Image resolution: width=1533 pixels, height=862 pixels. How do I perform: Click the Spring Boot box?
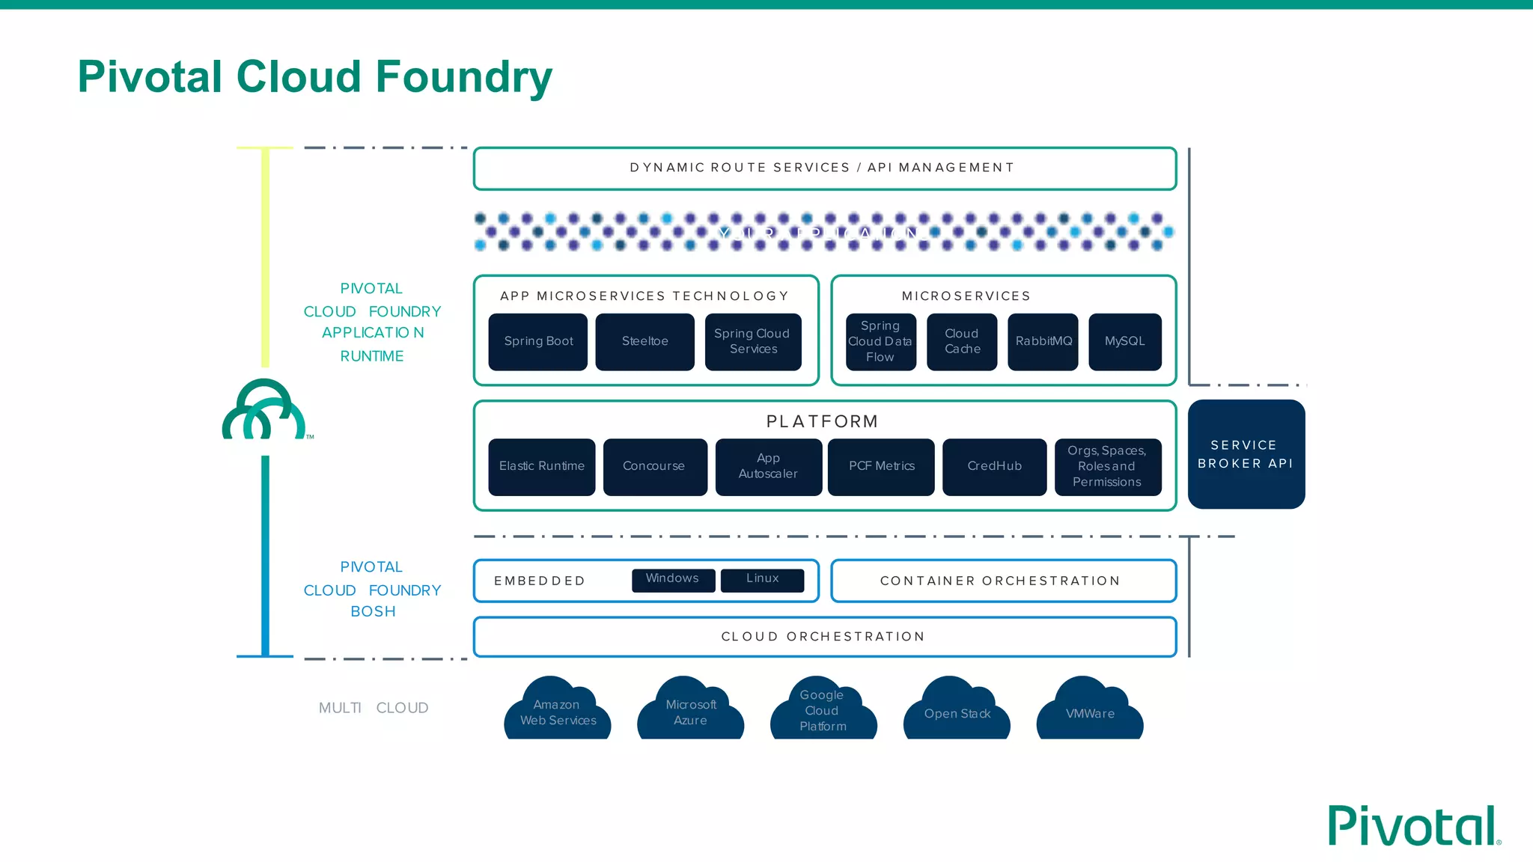(x=537, y=341)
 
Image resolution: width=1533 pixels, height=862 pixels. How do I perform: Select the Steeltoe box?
(x=644, y=341)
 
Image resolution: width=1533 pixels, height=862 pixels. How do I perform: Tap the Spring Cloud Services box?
(x=752, y=341)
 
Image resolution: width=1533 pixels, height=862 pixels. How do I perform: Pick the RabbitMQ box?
(x=1043, y=341)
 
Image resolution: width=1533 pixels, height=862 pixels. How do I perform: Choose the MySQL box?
(x=1124, y=341)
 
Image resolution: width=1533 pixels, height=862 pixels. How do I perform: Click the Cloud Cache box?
(x=962, y=341)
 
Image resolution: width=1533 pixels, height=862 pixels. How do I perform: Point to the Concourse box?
(x=654, y=466)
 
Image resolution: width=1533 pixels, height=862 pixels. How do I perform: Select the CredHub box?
(x=994, y=466)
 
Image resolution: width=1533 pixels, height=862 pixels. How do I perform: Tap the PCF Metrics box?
(x=881, y=466)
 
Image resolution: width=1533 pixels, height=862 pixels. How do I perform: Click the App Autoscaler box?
(x=768, y=466)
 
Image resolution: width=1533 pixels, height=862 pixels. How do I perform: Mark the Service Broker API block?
(x=1246, y=454)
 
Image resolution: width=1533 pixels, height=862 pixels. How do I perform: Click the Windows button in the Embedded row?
(x=673, y=579)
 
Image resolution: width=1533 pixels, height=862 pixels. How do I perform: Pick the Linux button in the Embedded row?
(x=762, y=579)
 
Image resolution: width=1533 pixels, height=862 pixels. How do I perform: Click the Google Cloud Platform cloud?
(x=823, y=711)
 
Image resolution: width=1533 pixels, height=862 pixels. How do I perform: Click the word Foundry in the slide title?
(x=463, y=77)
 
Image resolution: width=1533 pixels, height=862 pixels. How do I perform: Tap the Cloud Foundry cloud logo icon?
(x=263, y=411)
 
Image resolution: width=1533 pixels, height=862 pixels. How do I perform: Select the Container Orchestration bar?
(x=1003, y=581)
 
